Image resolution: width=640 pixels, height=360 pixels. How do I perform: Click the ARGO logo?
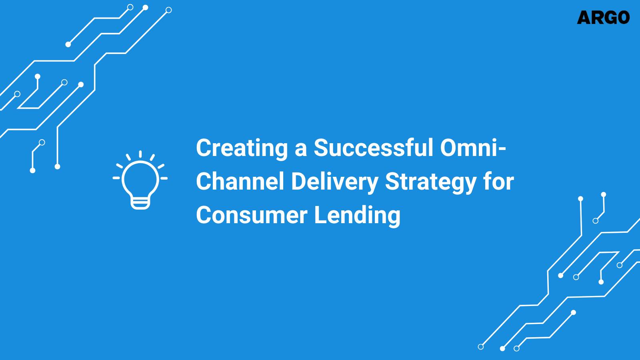click(x=603, y=18)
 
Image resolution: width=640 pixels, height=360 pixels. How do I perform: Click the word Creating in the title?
click(x=242, y=148)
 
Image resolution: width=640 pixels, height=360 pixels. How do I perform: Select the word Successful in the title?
click(x=373, y=148)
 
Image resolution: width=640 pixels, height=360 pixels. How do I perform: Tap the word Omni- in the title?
click(x=473, y=148)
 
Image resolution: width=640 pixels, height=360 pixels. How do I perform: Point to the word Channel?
click(x=240, y=182)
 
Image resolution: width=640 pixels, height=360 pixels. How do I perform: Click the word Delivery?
click(x=334, y=182)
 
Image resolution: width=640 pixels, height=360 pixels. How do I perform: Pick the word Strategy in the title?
click(x=430, y=182)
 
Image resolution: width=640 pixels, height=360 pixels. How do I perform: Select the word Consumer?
click(x=252, y=215)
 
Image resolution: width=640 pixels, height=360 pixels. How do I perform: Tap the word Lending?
click(x=357, y=216)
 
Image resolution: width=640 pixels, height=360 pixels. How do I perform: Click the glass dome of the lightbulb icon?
click(x=140, y=178)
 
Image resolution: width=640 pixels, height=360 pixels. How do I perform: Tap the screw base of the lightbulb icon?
click(x=140, y=204)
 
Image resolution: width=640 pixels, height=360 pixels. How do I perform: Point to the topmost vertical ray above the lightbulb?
click(x=140, y=154)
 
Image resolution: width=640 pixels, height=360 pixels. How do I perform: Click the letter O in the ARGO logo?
click(x=622, y=18)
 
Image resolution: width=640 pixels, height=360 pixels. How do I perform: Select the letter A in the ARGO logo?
click(x=584, y=18)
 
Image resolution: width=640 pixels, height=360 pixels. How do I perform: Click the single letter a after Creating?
click(x=301, y=149)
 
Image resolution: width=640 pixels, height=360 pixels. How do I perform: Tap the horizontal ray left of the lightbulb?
click(x=116, y=178)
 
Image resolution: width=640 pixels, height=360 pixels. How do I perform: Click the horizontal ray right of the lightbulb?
click(x=164, y=178)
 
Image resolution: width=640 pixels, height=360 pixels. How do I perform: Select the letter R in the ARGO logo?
click(x=596, y=18)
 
